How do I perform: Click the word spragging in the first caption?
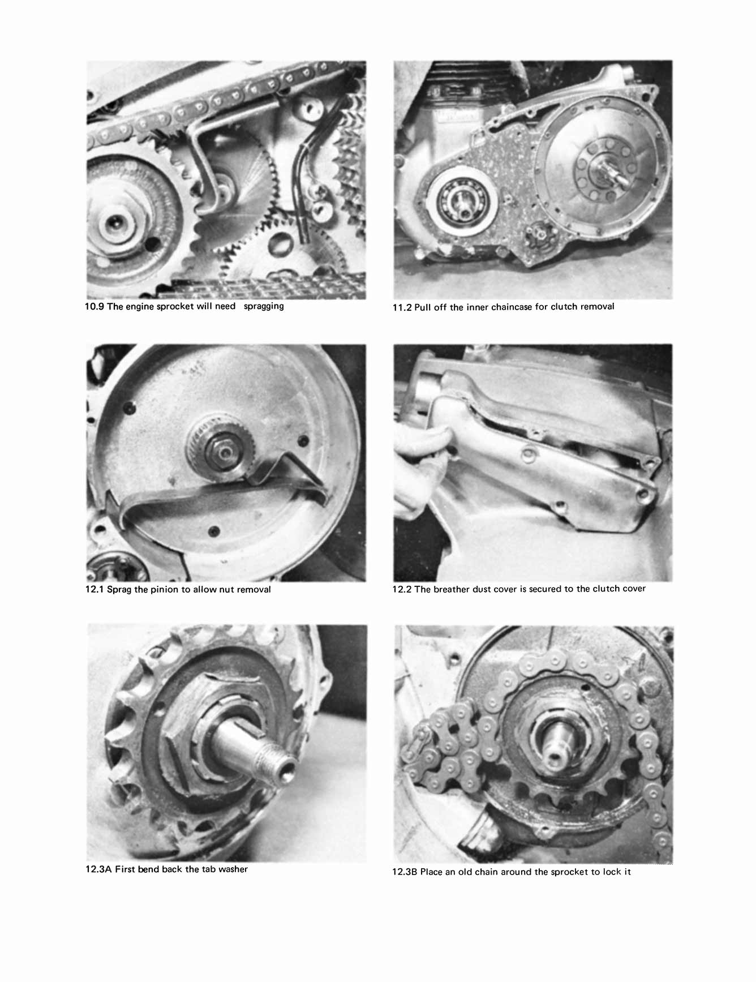tap(264, 306)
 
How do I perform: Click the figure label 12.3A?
tap(98, 869)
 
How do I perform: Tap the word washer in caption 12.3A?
tap(233, 869)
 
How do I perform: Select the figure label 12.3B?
tap(405, 872)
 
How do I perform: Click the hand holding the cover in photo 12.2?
tap(419, 453)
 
